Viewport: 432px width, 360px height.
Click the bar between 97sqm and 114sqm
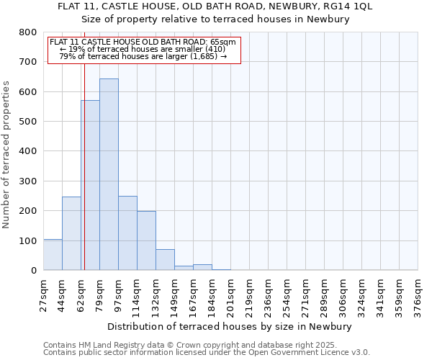127,233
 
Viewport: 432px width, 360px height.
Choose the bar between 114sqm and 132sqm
146,240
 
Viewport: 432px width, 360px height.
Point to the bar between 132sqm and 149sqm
165,259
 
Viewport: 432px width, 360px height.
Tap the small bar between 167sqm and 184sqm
202,267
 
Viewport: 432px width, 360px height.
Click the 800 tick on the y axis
27,32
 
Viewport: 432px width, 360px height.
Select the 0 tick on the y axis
33,271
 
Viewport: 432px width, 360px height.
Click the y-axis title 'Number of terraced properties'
7,155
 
